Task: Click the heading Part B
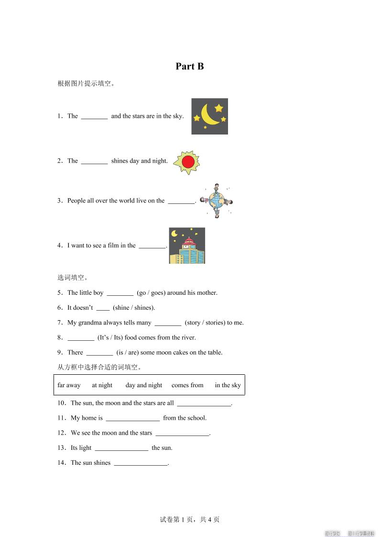[189, 67]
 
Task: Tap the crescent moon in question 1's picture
[208, 115]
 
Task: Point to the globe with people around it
[217, 201]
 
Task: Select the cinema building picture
[187, 246]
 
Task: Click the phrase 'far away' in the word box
[69, 385]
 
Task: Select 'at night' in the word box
[102, 385]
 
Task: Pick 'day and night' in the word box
[144, 385]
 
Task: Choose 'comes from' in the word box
[187, 385]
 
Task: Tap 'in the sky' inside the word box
[227, 385]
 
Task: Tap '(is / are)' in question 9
[127, 353]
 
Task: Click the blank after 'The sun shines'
[141, 463]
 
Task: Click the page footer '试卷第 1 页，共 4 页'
[189, 520]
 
